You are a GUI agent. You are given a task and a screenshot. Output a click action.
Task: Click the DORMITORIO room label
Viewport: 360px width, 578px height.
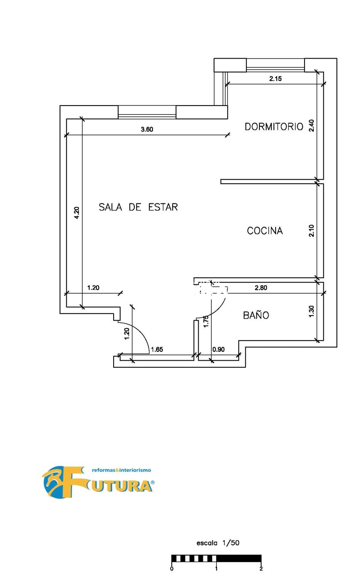point(274,127)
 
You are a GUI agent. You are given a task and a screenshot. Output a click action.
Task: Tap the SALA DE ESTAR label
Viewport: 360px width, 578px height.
point(138,207)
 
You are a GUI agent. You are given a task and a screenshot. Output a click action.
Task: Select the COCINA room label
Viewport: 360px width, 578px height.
point(265,231)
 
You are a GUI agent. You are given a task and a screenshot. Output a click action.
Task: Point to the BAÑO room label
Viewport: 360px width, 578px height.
point(256,315)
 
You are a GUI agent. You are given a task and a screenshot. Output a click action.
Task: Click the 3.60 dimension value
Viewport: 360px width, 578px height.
point(147,129)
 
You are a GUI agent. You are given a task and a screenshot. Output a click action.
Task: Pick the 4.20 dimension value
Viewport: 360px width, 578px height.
point(77,213)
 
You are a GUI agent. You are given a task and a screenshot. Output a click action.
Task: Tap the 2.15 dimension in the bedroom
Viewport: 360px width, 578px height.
point(275,79)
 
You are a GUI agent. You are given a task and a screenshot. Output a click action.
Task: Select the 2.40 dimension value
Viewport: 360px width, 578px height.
point(311,125)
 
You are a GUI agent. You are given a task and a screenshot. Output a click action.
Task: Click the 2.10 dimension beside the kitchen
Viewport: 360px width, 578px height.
point(311,231)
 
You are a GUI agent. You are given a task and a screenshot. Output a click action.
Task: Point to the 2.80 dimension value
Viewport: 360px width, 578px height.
point(261,288)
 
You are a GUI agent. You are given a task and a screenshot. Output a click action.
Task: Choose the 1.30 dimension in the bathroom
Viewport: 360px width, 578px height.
point(311,311)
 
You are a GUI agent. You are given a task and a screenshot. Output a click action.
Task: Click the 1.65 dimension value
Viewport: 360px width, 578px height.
point(157,349)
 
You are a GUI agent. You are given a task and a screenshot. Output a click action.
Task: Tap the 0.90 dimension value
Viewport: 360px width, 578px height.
point(218,349)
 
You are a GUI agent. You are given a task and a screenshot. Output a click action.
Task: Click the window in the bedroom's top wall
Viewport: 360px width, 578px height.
point(275,65)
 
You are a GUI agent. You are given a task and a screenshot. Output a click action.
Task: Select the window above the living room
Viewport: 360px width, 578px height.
point(147,112)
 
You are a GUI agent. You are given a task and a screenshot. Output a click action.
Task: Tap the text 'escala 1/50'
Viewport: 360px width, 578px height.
point(218,543)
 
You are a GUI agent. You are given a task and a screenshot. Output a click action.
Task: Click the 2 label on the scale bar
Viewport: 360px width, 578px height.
point(261,569)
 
